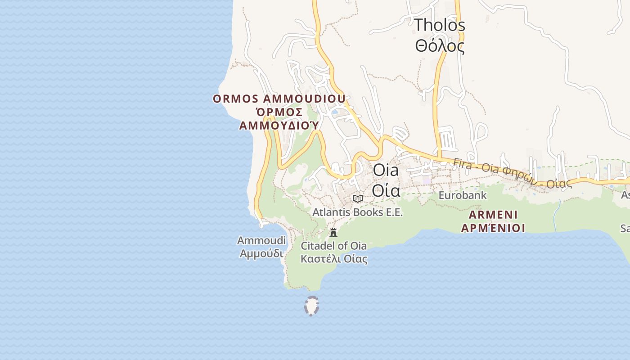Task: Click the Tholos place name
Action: point(439,25)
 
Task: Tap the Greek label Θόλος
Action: point(439,46)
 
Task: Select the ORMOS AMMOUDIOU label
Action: point(279,99)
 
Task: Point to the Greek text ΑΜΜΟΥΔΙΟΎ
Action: point(279,125)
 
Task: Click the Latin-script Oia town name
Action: point(386,171)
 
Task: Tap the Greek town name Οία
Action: point(386,191)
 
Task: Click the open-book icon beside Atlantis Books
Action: point(358,198)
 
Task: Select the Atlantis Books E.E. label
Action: point(358,212)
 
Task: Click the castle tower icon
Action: point(333,233)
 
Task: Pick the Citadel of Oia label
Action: point(333,246)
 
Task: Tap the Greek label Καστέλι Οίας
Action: point(333,259)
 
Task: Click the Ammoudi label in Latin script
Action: point(261,241)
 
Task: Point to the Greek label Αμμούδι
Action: point(261,253)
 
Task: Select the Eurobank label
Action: point(463,195)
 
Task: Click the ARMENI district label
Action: point(493,214)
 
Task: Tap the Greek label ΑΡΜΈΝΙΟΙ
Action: point(493,228)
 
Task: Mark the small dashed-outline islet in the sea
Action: point(311,306)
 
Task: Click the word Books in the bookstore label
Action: point(364,212)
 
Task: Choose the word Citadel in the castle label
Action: point(318,246)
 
